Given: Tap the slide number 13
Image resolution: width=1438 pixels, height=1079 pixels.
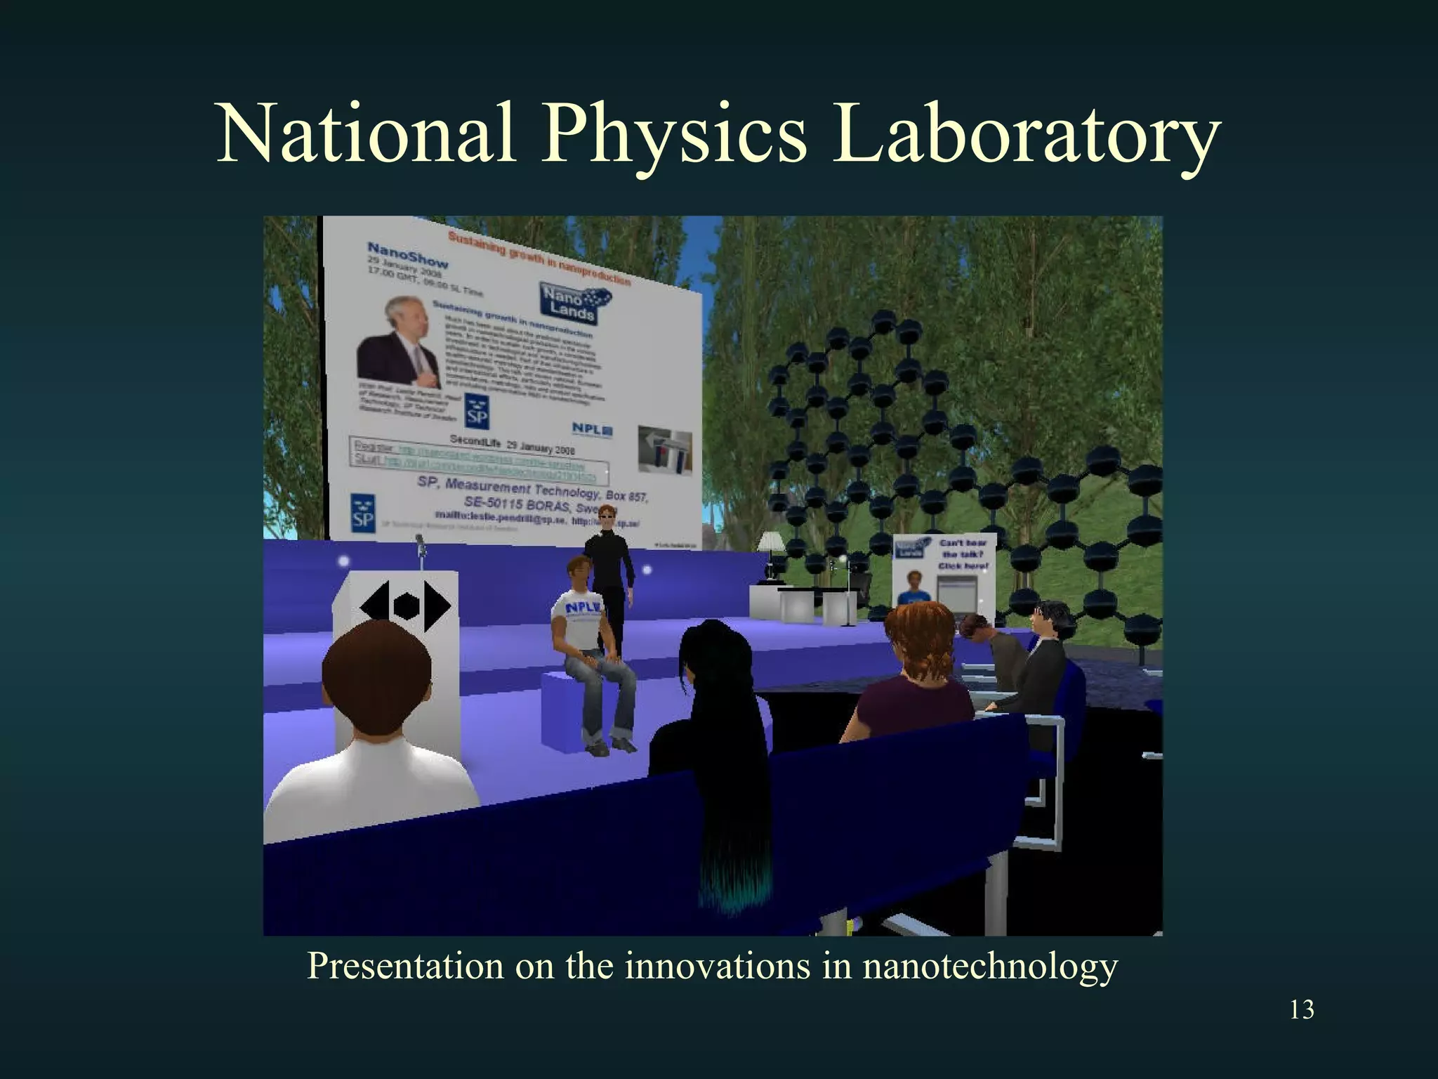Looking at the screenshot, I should (1302, 1009).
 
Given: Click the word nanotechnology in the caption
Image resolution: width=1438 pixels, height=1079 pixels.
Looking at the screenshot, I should (989, 966).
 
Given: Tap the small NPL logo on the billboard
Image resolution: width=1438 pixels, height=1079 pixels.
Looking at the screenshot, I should (592, 429).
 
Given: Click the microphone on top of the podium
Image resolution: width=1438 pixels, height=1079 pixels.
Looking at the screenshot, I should (421, 544).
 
